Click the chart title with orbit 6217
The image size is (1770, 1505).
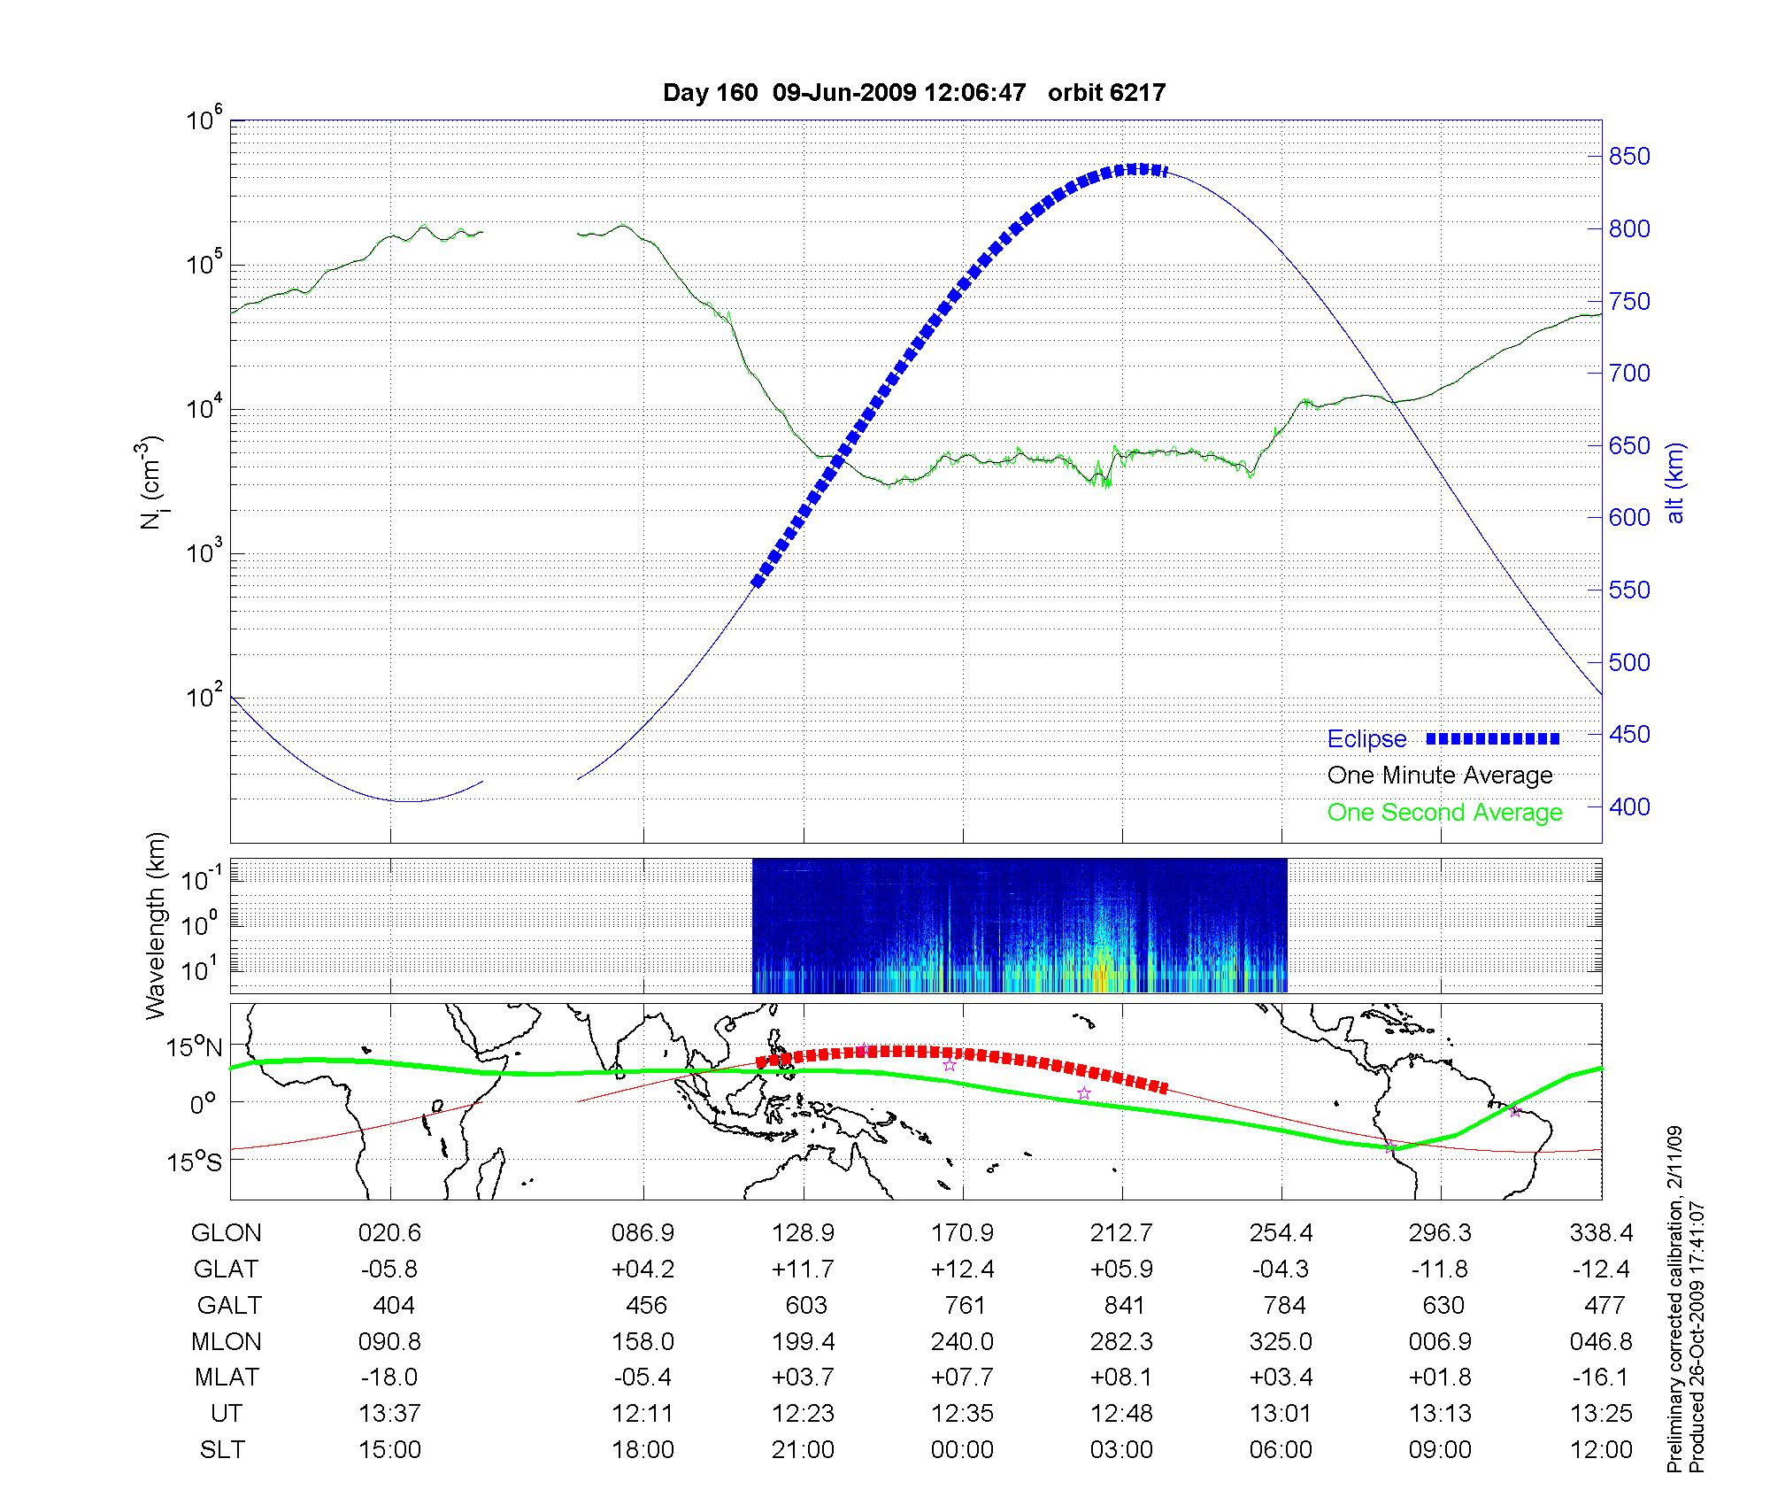click(913, 92)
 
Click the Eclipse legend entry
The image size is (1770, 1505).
click(1366, 739)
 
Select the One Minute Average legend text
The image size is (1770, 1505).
click(1440, 776)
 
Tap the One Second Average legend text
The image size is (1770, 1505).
click(1444, 813)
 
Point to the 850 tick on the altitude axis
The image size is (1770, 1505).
click(1628, 157)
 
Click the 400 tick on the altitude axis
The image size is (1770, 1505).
click(1628, 807)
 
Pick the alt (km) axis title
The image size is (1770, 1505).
click(1675, 482)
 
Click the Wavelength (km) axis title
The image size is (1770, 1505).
click(156, 925)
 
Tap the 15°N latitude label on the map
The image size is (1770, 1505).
click(196, 1048)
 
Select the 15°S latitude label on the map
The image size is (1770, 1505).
click(196, 1162)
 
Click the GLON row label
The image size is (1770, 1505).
click(227, 1233)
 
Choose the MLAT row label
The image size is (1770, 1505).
click(227, 1378)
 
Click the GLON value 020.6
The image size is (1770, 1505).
click(389, 1233)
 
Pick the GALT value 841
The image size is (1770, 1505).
click(1124, 1306)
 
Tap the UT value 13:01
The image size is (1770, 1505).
click(1281, 1414)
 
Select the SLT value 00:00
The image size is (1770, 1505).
click(962, 1450)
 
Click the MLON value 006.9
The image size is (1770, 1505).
click(1440, 1342)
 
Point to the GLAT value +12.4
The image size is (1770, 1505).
click(962, 1270)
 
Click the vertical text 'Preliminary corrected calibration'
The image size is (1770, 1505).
click(1674, 1300)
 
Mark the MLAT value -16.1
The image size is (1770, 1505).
click(1601, 1378)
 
